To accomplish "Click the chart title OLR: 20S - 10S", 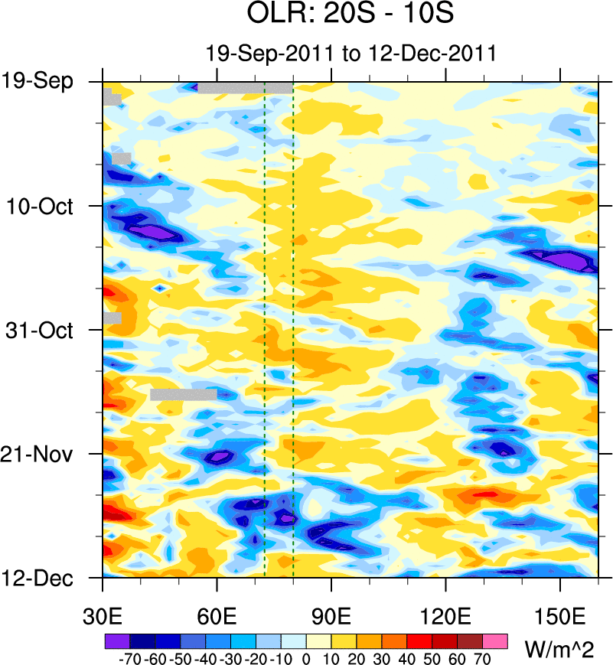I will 351,15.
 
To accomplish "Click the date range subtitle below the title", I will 351,54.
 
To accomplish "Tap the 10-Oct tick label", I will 44,206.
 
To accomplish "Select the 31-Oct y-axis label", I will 44,331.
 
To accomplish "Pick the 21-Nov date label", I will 43,455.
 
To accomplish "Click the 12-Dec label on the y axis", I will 43,578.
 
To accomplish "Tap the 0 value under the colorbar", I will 306,659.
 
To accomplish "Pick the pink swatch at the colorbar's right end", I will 496,641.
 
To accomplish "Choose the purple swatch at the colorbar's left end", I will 116,641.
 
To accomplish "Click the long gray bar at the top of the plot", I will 245,88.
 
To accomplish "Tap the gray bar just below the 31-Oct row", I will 184,395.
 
